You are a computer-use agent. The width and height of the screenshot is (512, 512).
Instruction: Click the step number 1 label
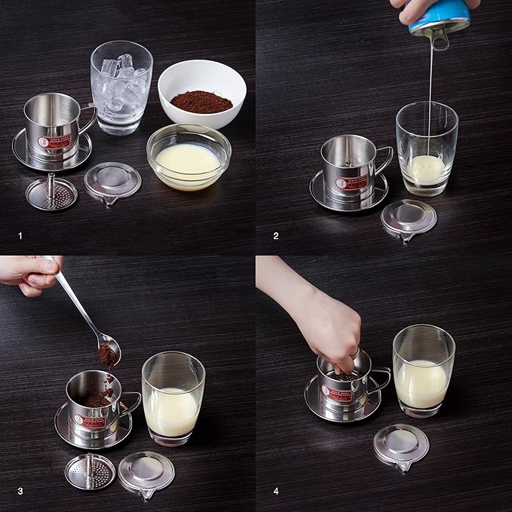click(20, 236)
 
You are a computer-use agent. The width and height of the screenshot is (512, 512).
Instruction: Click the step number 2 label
click(276, 236)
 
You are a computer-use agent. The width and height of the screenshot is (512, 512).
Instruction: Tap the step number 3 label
click(20, 492)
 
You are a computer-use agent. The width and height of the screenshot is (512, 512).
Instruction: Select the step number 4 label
click(276, 492)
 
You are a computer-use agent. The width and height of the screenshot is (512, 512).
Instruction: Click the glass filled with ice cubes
click(121, 87)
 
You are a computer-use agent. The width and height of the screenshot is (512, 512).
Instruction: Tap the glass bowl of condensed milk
click(188, 157)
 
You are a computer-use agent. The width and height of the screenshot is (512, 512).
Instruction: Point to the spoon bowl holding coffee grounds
click(109, 351)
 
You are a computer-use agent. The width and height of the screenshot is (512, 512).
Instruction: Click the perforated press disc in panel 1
click(51, 192)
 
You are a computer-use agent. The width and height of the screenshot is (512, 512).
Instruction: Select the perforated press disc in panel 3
click(90, 471)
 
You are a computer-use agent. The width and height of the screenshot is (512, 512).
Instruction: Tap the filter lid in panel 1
click(112, 181)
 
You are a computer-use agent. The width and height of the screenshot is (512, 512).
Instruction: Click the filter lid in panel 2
click(409, 218)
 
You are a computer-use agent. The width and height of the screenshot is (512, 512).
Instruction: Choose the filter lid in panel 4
click(401, 445)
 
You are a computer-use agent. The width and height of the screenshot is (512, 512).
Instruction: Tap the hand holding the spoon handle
click(30, 273)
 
